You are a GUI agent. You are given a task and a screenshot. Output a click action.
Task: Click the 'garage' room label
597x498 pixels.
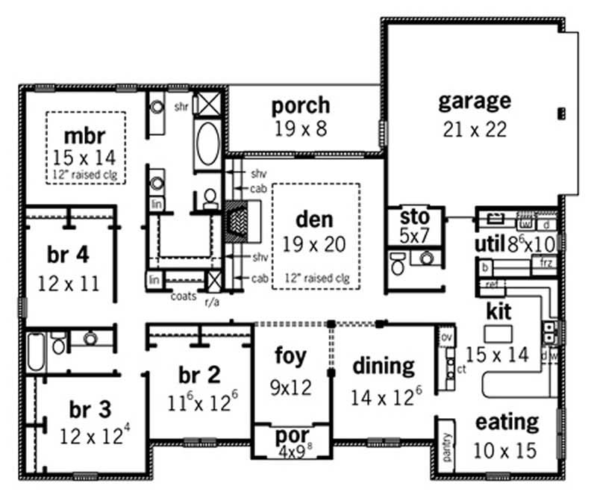(x=474, y=101)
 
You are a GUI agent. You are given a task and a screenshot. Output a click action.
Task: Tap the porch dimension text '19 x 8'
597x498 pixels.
(x=300, y=129)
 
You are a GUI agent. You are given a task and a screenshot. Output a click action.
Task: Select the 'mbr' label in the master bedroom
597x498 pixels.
(x=84, y=137)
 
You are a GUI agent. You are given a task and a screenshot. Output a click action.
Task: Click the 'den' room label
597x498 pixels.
(x=314, y=221)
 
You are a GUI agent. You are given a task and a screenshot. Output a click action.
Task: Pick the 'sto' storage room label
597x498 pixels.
(x=415, y=217)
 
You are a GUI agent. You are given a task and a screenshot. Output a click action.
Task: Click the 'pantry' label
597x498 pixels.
(x=446, y=447)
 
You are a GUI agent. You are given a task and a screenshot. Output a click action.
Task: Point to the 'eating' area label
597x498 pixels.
(x=507, y=422)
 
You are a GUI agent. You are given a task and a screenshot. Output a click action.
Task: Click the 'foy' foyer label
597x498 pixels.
(x=290, y=356)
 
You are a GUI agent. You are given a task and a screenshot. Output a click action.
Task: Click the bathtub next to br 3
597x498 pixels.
(x=37, y=352)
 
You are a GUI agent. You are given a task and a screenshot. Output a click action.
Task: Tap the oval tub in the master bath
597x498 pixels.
(x=208, y=143)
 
